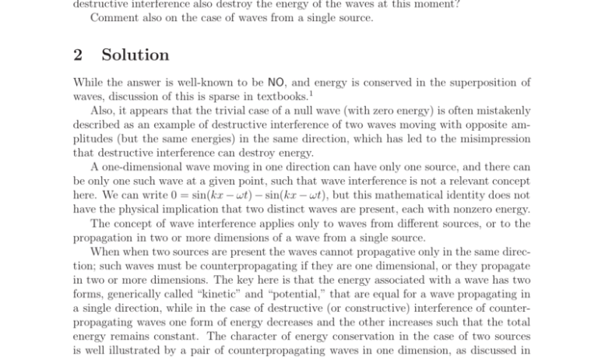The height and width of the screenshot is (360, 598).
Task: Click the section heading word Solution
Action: coord(135,55)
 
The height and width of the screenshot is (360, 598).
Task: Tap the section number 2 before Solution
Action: coord(78,55)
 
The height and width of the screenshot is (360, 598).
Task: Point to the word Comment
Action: coord(111,18)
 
